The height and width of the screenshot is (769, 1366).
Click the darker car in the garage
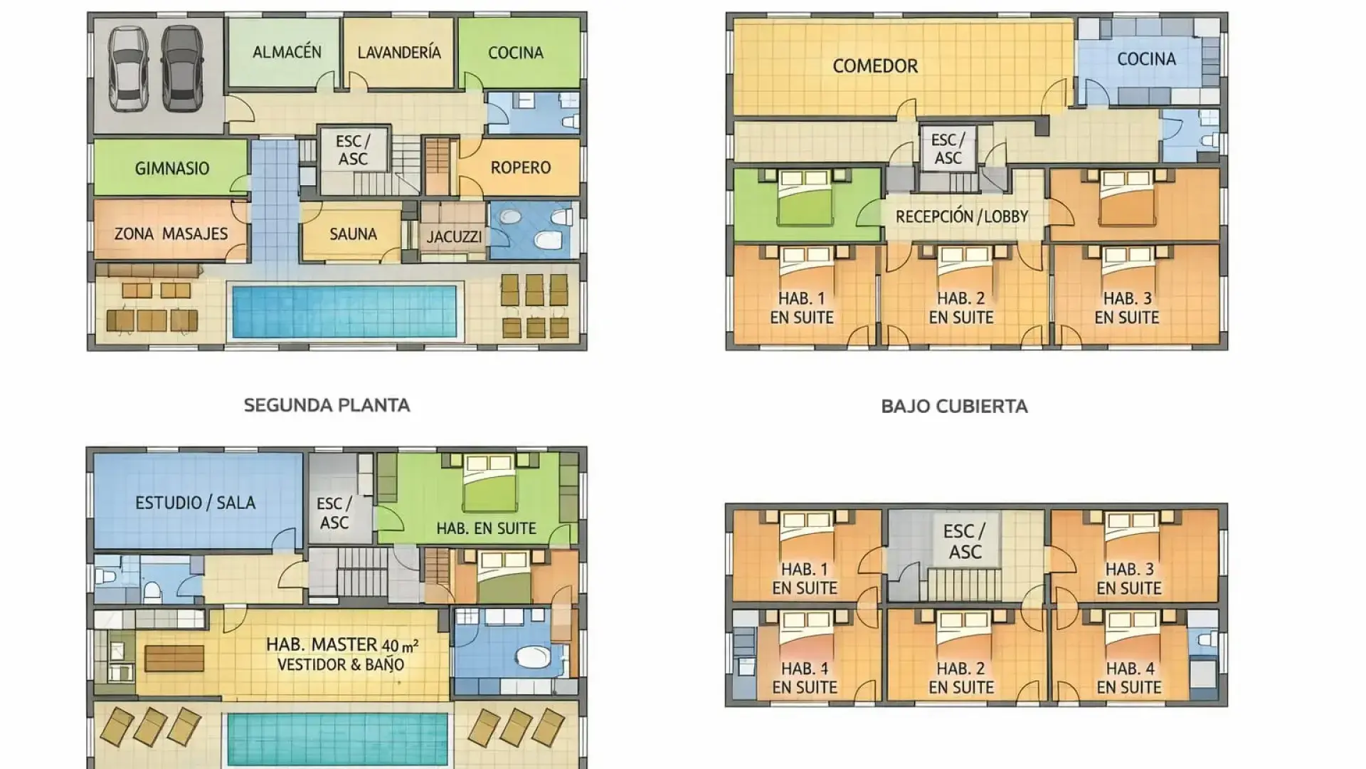[x=182, y=68]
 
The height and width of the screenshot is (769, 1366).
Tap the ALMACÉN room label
[x=287, y=52]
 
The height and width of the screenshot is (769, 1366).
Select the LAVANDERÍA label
[x=398, y=53]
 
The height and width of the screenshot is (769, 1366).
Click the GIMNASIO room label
[x=172, y=169]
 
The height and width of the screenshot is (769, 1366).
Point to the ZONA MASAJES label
[x=171, y=234]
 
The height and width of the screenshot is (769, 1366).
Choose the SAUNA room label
[x=353, y=234]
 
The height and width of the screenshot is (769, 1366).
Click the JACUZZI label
[x=454, y=237]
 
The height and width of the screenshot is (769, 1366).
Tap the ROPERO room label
[x=521, y=168]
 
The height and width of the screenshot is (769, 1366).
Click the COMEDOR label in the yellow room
[x=875, y=66]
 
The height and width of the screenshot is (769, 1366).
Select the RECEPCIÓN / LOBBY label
[x=962, y=216]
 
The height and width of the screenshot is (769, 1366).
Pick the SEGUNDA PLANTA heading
[x=327, y=405]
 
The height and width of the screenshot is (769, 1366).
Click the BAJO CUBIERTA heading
[x=954, y=407]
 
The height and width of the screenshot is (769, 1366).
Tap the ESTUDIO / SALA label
[x=195, y=503]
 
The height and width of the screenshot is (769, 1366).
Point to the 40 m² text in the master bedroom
[x=400, y=646]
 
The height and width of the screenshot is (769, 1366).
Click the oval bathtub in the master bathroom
[x=532, y=656]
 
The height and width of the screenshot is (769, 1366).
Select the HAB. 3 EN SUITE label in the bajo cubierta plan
[x=1129, y=579]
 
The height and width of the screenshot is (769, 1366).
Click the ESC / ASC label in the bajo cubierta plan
[x=964, y=541]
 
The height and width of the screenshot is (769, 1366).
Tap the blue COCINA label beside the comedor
[x=1146, y=59]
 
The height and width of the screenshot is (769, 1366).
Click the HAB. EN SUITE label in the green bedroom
[x=486, y=528]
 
